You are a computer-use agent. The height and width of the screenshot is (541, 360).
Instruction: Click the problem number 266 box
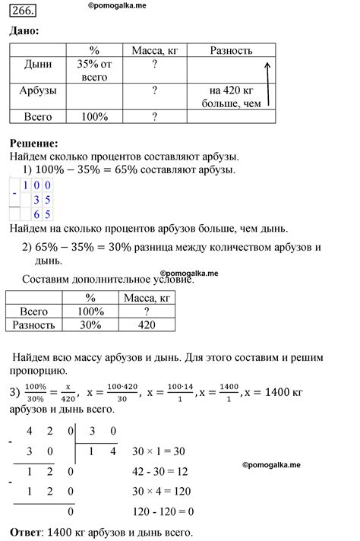pos(23,11)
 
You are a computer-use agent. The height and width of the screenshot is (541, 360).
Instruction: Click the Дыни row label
pos(38,64)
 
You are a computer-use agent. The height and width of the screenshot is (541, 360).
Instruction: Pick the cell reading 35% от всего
pos(94,71)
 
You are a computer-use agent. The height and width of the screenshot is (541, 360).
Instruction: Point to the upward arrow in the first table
pos(267,85)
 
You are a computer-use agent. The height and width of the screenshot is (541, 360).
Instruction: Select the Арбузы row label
pos(38,90)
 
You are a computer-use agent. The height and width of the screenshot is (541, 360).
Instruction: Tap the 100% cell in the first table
pos(94,117)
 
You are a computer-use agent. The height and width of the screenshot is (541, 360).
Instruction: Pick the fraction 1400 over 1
pos(229,393)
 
